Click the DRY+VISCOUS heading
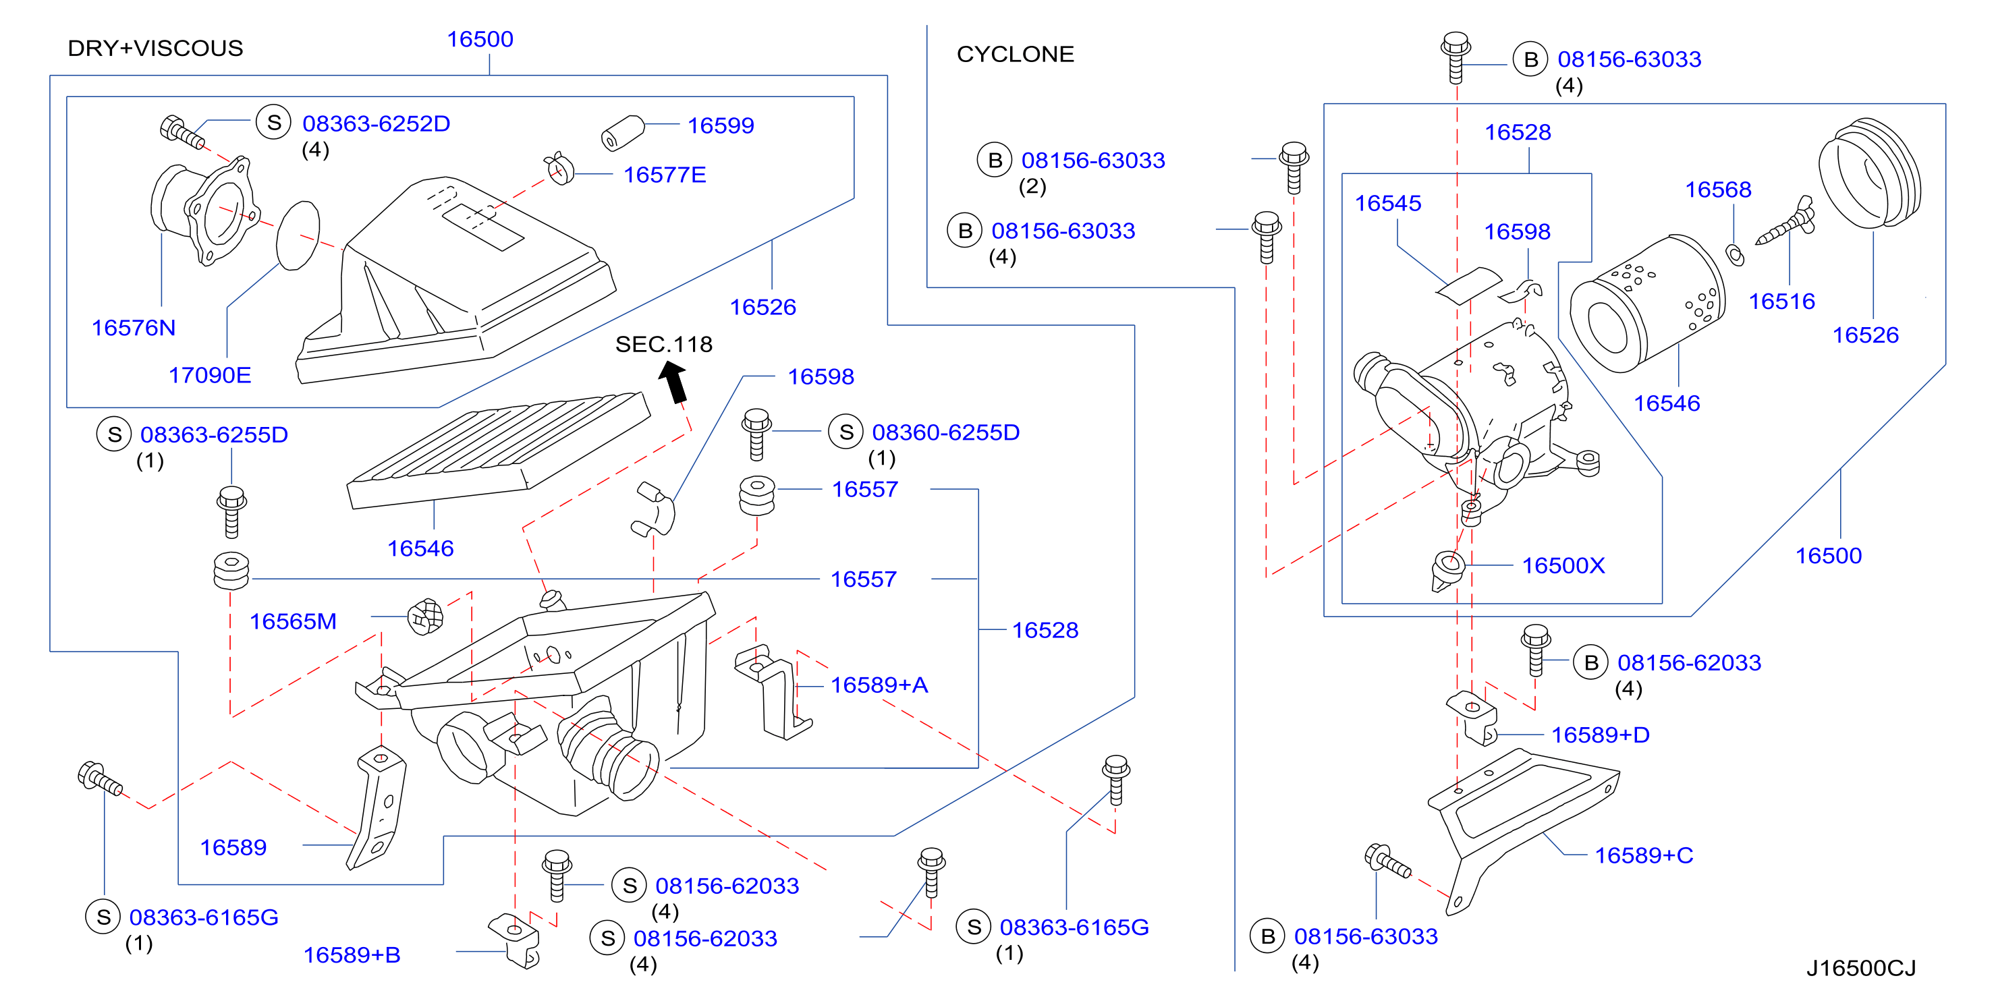155,48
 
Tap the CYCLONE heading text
1015,54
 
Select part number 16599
721,125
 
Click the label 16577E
665,175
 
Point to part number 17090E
210,376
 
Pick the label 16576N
134,328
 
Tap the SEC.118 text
664,345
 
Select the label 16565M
293,622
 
